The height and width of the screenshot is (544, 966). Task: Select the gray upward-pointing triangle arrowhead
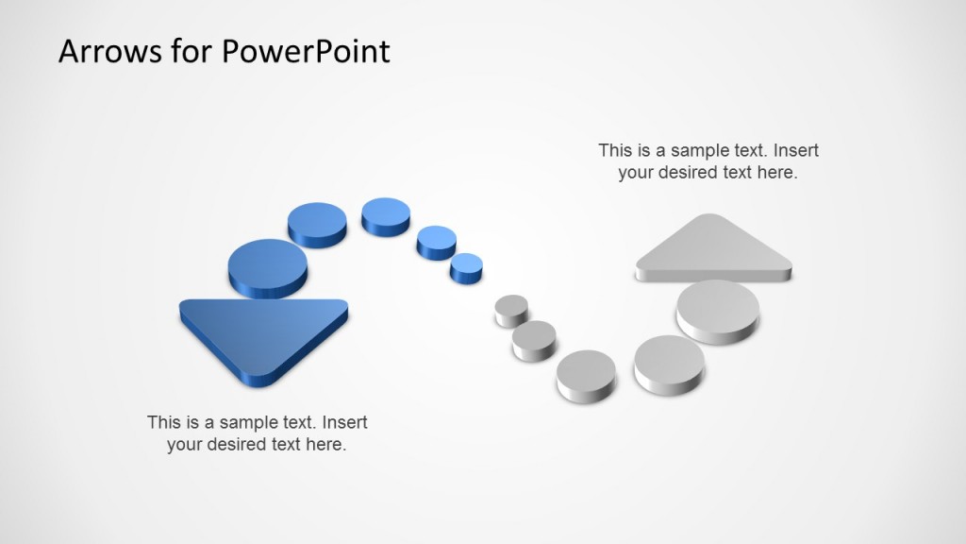pyautogui.click(x=713, y=247)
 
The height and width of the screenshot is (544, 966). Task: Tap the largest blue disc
pyautogui.click(x=268, y=265)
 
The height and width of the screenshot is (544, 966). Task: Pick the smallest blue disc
pyautogui.click(x=466, y=266)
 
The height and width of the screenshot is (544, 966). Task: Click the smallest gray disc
pyautogui.click(x=511, y=309)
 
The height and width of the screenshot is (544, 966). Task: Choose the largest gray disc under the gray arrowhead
pyautogui.click(x=718, y=308)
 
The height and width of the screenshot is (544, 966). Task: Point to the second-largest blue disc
pyautogui.click(x=317, y=224)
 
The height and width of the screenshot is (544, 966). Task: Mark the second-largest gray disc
pyautogui.click(x=669, y=359)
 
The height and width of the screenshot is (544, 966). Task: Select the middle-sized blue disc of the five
pyautogui.click(x=386, y=214)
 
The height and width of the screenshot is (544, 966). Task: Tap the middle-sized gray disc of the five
pyautogui.click(x=586, y=370)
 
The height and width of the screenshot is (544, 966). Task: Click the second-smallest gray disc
pyautogui.click(x=535, y=337)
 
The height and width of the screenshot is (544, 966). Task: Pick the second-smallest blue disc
pyautogui.click(x=437, y=240)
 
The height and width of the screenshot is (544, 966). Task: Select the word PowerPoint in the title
pyautogui.click(x=306, y=51)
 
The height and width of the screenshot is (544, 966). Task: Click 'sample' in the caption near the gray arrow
pyautogui.click(x=693, y=150)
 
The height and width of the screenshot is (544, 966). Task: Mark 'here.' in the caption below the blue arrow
pyautogui.click(x=326, y=445)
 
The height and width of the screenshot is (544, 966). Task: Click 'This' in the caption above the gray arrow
pyautogui.click(x=615, y=150)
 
